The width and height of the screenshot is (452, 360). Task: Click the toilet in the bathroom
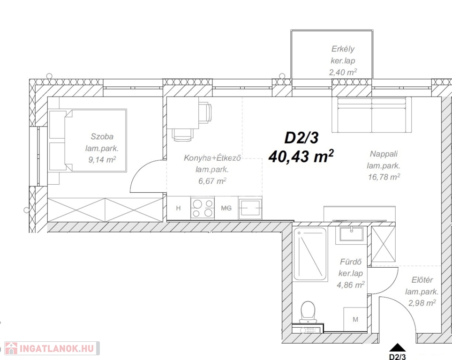pos(308,312)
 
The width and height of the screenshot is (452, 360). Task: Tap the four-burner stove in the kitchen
pos(203,208)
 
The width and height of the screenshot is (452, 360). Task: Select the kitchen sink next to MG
pos(250,208)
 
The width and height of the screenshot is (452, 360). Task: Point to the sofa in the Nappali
pos(371,115)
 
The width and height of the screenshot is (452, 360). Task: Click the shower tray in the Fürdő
pos(310,254)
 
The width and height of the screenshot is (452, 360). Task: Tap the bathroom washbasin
pos(351,234)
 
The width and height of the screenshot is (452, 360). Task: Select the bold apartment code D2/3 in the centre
pos(301,138)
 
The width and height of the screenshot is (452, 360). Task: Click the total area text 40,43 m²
pos(301,156)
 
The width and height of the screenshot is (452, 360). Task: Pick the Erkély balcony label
pos(343,49)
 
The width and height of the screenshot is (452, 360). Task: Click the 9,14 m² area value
pos(102,159)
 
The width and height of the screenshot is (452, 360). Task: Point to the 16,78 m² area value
pos(384,177)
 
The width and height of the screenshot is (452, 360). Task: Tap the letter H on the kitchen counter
pos(179,208)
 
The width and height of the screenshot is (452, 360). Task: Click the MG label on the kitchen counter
pos(226,208)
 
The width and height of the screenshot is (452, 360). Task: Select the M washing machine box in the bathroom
pos(355,319)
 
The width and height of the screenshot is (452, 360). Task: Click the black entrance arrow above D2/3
pos(397,347)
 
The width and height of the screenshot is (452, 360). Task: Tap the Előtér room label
pos(422,280)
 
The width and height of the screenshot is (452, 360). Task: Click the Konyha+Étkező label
pos(212,158)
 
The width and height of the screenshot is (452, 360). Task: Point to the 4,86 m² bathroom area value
pos(351,285)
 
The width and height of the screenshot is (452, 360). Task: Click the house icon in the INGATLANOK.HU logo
pos(11,348)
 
